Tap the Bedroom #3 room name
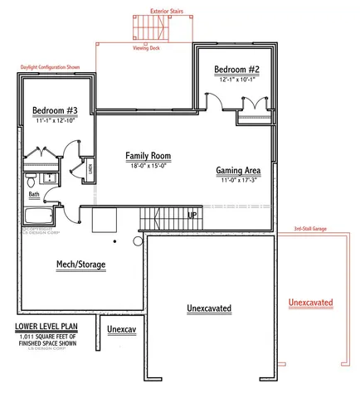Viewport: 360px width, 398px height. pyautogui.click(x=56, y=110)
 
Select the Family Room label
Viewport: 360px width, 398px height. pyautogui.click(x=149, y=155)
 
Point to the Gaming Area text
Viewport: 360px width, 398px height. pyautogui.click(x=239, y=170)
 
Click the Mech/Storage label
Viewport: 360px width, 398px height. pyautogui.click(x=80, y=265)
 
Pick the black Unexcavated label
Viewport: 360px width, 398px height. pyautogui.click(x=209, y=308)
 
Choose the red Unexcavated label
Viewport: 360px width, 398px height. pyautogui.click(x=310, y=303)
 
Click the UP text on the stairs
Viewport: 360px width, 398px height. pyautogui.click(x=192, y=215)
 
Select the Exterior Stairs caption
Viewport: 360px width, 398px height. pyautogui.click(x=167, y=12)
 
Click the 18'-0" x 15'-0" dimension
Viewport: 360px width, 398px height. pyautogui.click(x=149, y=166)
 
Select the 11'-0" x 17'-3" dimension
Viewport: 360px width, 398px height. pyautogui.click(x=239, y=180)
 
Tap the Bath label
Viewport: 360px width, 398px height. pyautogui.click(x=34, y=195)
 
